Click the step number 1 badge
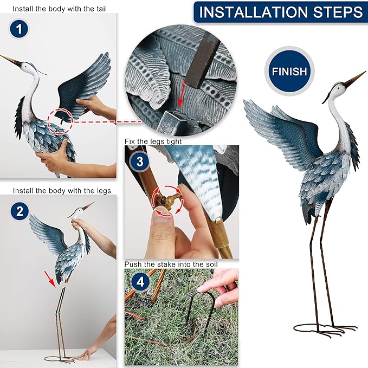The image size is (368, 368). pyautogui.click(x=20, y=30)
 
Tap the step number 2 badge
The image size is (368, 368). pyautogui.click(x=20, y=211)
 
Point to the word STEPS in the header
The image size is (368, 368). pyautogui.click(x=337, y=12)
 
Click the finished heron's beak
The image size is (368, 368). pyautogui.click(x=354, y=79)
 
